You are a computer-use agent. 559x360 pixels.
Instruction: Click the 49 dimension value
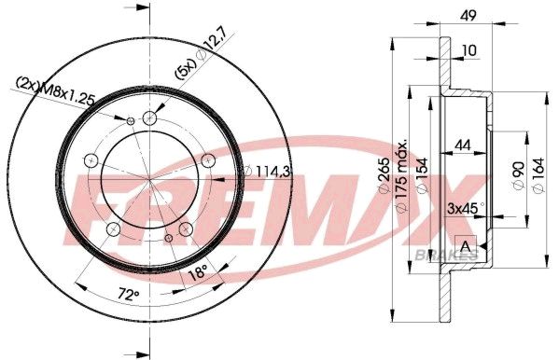coord(468,16)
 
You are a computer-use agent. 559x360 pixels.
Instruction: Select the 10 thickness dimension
coord(468,50)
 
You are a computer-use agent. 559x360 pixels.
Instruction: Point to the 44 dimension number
coord(463,145)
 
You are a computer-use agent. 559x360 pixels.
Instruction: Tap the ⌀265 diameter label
coord(384,174)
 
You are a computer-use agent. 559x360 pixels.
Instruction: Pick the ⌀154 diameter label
coord(422,175)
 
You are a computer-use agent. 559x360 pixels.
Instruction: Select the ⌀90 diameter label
coord(519,175)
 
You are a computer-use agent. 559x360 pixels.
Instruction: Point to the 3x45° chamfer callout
coord(466,208)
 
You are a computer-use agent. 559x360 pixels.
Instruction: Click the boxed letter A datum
coord(466,245)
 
